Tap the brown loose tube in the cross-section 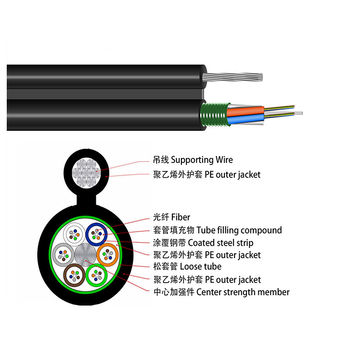(77, 272)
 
